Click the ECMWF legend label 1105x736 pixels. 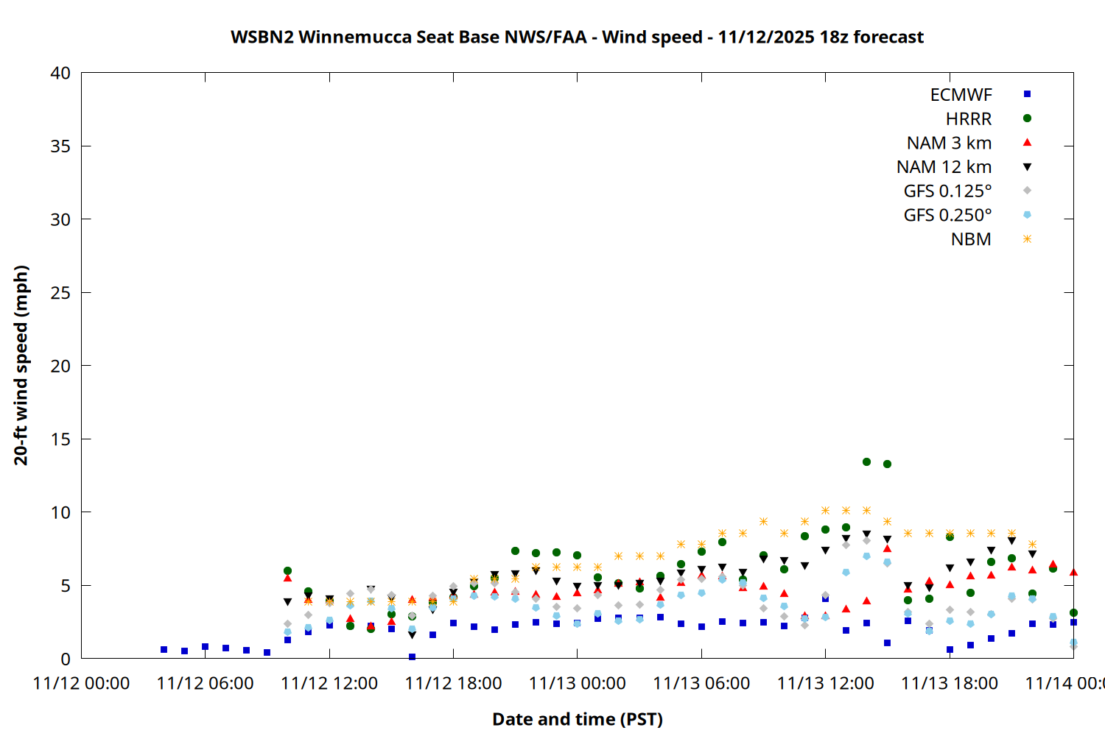961,95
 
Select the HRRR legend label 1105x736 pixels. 969,119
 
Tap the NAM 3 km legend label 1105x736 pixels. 949,143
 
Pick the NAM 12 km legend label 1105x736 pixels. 944,167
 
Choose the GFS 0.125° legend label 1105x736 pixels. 947,191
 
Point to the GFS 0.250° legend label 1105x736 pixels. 947,216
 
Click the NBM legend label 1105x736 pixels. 971,240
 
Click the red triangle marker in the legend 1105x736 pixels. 1027,142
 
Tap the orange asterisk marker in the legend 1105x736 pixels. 1027,239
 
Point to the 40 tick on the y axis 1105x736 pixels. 60,73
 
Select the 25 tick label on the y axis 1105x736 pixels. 60,293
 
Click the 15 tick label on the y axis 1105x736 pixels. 60,439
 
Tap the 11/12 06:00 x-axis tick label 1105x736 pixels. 205,684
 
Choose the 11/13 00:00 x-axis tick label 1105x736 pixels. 577,684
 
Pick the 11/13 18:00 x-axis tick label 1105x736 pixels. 949,684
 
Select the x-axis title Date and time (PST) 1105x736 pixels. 577,719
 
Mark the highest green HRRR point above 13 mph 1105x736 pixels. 866,462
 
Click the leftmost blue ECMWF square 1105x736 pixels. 164,650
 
